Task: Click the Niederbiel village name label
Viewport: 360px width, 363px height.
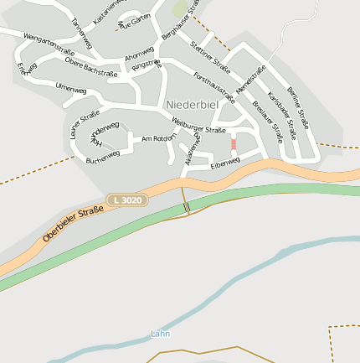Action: click(x=193, y=104)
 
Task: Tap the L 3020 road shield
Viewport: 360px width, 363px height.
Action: click(x=127, y=200)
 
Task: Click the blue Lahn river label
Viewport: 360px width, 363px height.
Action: click(x=160, y=334)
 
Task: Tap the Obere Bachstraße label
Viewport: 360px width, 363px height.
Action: click(x=90, y=68)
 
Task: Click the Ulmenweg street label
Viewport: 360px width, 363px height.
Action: click(x=70, y=88)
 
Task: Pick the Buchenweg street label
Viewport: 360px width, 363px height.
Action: click(x=103, y=155)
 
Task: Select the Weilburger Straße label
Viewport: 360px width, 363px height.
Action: click(x=198, y=126)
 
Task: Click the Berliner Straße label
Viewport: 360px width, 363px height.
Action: click(x=298, y=106)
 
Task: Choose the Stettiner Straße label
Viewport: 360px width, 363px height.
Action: click(x=210, y=56)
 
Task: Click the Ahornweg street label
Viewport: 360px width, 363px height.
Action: click(x=140, y=53)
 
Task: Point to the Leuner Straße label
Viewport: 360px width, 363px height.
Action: click(x=85, y=123)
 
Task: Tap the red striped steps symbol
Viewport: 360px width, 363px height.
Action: click(x=234, y=144)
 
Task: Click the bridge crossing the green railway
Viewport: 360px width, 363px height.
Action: click(x=187, y=206)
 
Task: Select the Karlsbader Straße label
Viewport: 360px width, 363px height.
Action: click(x=282, y=117)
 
